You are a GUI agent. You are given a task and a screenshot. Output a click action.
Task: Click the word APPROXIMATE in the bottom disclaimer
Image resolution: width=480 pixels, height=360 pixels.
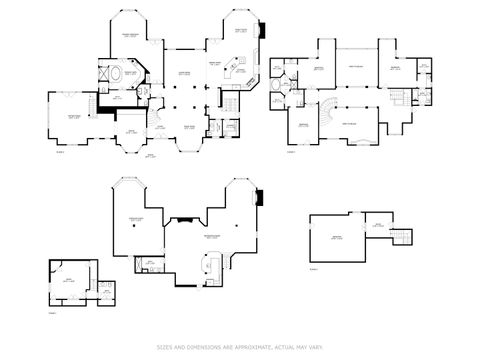[x=247, y=347]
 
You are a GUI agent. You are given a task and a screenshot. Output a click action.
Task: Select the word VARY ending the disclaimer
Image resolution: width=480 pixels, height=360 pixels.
[x=317, y=347]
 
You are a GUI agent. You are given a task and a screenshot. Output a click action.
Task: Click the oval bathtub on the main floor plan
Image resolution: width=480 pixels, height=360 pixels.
[x=116, y=73]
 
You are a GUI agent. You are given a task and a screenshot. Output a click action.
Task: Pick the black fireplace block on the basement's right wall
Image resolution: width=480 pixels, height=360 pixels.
[x=259, y=198]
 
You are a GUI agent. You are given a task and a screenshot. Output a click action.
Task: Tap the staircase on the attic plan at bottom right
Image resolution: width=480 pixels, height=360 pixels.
[x=400, y=234]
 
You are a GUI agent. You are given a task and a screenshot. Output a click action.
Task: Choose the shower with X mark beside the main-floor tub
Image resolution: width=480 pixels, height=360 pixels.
[x=102, y=73]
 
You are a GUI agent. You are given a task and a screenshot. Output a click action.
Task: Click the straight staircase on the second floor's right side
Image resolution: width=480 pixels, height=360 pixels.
[x=402, y=96]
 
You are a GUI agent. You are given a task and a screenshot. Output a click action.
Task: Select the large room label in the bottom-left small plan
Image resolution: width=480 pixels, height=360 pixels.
[x=69, y=278]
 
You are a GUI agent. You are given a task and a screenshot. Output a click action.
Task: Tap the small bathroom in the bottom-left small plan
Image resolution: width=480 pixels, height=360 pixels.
[x=107, y=292]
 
